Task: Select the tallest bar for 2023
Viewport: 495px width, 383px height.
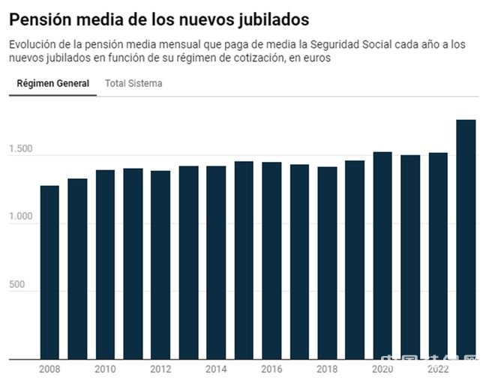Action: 466,239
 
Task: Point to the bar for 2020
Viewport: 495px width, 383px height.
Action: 382,256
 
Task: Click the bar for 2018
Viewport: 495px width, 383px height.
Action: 327,263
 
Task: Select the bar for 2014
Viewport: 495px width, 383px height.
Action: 216,262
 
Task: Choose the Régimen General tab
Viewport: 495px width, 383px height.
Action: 52,83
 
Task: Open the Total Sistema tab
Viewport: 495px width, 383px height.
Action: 133,83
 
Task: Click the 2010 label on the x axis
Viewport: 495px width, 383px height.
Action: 105,370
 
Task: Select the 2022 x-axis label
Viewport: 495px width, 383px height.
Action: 438,370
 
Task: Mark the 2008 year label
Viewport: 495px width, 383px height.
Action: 49,370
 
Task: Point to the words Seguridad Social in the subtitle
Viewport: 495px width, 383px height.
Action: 370,44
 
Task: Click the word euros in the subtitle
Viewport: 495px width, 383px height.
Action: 316,58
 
